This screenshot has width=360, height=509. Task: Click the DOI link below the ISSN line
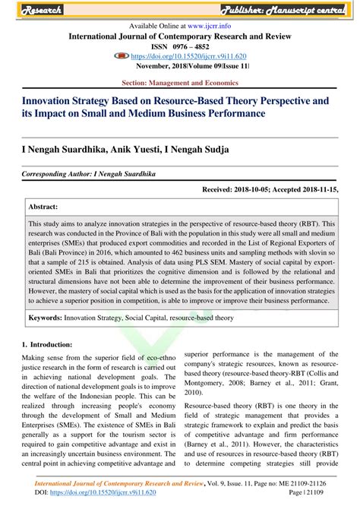[x=188, y=55]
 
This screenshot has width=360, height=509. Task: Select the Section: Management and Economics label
[x=180, y=81]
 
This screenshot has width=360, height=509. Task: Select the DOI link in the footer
[x=107, y=492]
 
